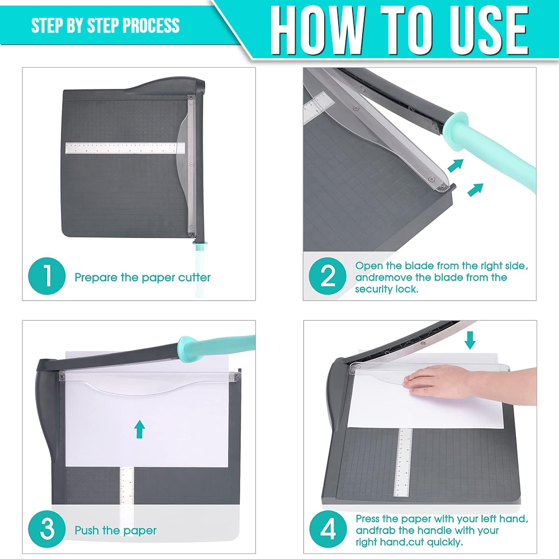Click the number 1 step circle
pyautogui.click(x=47, y=276)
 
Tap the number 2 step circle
pyautogui.click(x=327, y=276)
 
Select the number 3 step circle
pyautogui.click(x=47, y=529)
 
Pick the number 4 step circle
pyautogui.click(x=328, y=529)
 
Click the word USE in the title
pyautogui.click(x=489, y=31)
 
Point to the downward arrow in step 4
pyautogui.click(x=470, y=340)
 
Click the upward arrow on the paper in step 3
pyautogui.click(x=140, y=429)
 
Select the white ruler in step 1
pyautogui.click(x=125, y=148)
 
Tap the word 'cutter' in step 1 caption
pyautogui.click(x=195, y=277)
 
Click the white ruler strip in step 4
pyautogui.click(x=403, y=462)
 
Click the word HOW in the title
pyautogui.click(x=318, y=31)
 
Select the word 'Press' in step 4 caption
pyautogui.click(x=371, y=519)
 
